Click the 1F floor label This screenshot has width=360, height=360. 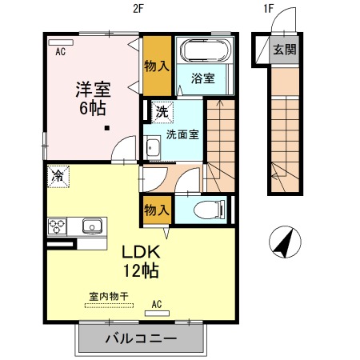pos(269,11)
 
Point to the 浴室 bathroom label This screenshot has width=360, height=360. pos(202,78)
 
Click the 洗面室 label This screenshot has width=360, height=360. pos(181,134)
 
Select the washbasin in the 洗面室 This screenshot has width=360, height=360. pos(153,148)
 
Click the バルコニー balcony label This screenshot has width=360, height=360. pos(140,338)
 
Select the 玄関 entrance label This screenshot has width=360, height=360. pos(284,50)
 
